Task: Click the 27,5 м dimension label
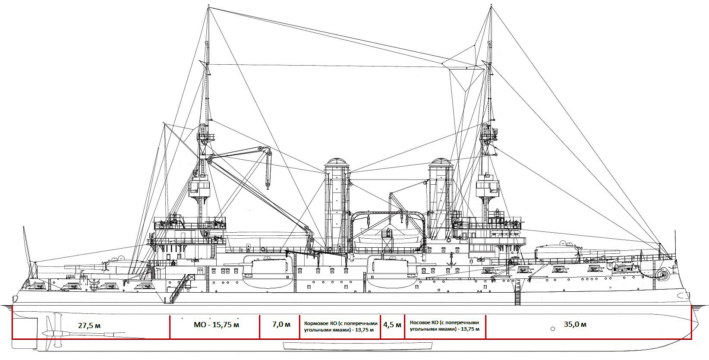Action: click(x=89, y=326)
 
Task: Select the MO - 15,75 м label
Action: click(x=217, y=325)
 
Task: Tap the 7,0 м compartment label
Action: click(x=281, y=325)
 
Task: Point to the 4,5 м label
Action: click(x=392, y=325)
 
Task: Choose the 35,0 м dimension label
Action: click(x=575, y=325)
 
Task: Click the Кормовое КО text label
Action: click(x=341, y=326)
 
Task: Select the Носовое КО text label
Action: click(x=445, y=326)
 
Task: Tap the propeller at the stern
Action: click(x=50, y=333)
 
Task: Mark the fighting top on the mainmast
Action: click(x=199, y=189)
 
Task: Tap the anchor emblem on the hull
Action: click(x=451, y=259)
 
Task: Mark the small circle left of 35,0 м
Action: click(x=553, y=329)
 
